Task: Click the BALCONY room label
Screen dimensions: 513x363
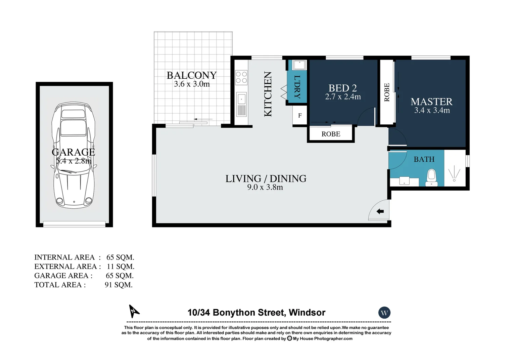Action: click(192, 75)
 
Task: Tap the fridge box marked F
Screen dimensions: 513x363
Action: click(300, 115)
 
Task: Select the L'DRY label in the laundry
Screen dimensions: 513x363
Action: click(297, 87)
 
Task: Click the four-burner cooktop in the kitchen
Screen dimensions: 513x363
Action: click(241, 78)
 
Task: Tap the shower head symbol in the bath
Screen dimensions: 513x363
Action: click(454, 175)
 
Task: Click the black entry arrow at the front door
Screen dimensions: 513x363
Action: click(380, 211)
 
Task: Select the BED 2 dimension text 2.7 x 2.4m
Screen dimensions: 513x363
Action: click(343, 97)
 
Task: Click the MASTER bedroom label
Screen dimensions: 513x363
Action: click(431, 102)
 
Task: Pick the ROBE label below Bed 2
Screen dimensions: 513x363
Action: click(331, 134)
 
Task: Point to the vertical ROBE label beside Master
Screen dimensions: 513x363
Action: click(387, 92)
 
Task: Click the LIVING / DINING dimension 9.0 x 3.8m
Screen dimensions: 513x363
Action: click(265, 187)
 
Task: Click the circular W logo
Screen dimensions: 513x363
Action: click(384, 313)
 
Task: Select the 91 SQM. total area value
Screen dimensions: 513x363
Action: click(119, 285)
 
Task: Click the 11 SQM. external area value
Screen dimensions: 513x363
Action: click(121, 267)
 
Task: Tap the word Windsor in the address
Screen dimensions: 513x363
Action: click(307, 313)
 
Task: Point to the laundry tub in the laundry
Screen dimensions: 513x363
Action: click(299, 65)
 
